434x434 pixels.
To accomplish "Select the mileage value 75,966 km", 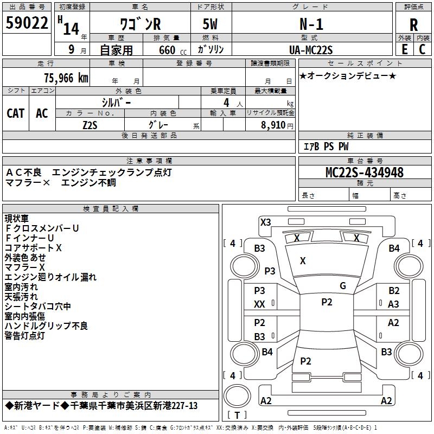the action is coord(66,78).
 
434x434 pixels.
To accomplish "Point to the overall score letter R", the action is coord(413,25).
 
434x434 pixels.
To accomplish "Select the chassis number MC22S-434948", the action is coord(365,173).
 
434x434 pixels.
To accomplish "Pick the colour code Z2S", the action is coord(90,124).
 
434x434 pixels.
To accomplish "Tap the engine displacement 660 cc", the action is coord(163,50).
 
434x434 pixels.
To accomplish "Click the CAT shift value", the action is coord(16,113).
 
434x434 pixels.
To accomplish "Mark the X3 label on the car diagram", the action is coord(266,222).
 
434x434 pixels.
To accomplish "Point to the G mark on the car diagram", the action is coord(343,286).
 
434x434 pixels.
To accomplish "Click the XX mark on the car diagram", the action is coord(260,304).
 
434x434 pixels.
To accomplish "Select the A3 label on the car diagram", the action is coord(394,304).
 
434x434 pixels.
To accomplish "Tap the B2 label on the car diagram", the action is coord(394,291).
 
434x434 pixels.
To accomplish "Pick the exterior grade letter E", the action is coord(404,49).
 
